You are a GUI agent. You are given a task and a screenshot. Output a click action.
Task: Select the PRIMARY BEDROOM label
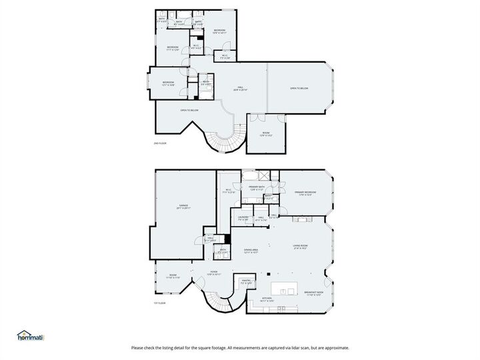305,193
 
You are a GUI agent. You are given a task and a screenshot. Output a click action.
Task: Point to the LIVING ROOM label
301,247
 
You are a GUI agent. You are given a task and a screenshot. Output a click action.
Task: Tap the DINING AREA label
250,251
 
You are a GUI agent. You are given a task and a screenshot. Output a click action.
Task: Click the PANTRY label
245,281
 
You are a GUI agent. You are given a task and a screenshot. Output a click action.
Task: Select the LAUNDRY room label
243,217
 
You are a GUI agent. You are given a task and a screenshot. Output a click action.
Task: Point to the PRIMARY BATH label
257,188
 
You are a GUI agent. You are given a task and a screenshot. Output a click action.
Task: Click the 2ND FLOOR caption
160,143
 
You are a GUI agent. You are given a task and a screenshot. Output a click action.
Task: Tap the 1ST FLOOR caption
160,303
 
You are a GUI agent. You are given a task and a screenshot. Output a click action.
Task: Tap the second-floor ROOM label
266,133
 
